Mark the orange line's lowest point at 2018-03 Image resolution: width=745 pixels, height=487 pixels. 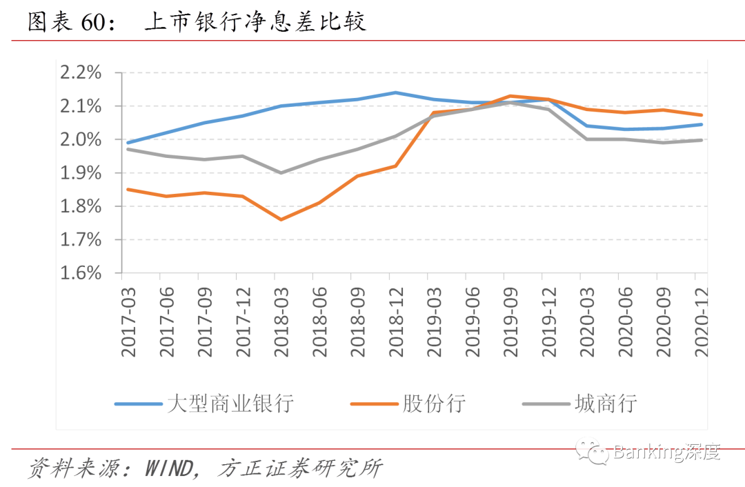[x=281, y=219]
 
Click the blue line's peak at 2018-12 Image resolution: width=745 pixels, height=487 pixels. [x=395, y=92]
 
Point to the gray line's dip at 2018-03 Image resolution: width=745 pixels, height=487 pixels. [x=281, y=172]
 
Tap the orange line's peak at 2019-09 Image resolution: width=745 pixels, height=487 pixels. [x=510, y=96]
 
